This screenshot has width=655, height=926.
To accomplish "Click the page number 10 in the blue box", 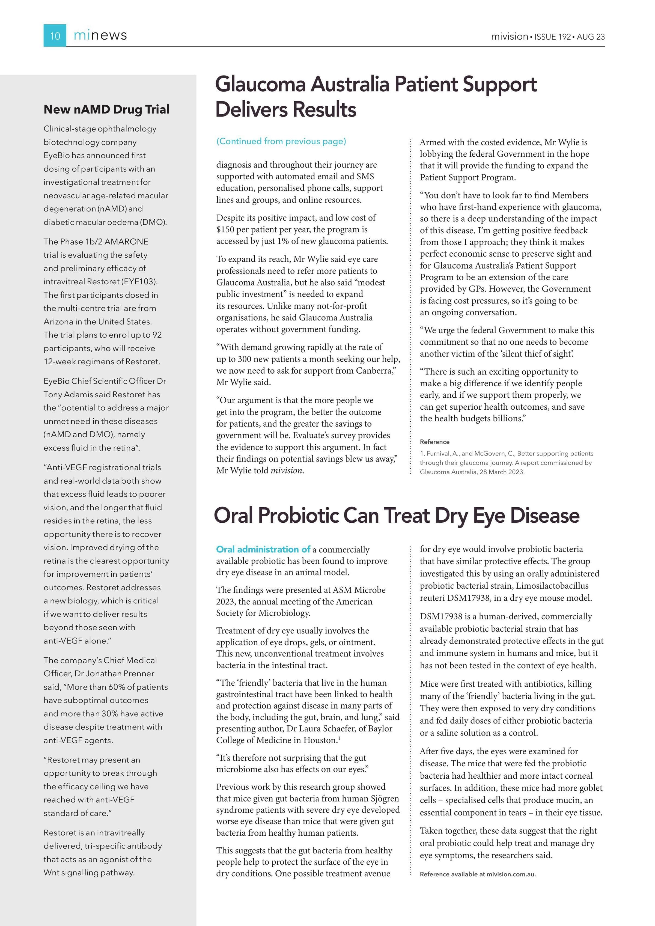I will point(55,36).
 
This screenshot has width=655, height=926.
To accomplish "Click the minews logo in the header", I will point(100,35).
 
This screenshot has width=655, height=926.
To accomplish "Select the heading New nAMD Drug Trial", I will point(106,109).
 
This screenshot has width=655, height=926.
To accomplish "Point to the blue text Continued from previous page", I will point(281,141).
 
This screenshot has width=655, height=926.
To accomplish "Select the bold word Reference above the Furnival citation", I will point(434,442).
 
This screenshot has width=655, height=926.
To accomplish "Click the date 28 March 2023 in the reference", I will point(501,472).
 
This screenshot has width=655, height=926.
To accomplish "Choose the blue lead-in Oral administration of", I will point(263,549).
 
